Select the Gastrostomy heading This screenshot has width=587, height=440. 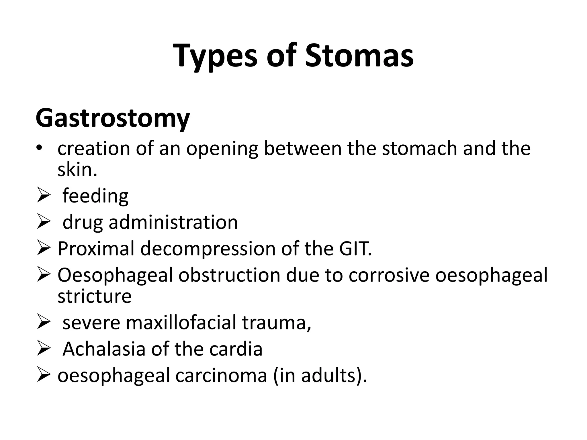click(x=113, y=118)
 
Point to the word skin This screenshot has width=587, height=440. click(x=77, y=170)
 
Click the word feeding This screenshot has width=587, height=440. click(x=95, y=196)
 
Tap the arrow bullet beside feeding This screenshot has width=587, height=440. click(x=44, y=197)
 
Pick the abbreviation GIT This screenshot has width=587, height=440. click(x=355, y=249)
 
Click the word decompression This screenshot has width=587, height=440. click(x=208, y=249)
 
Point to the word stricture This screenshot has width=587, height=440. click(x=95, y=296)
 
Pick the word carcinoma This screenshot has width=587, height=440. click(x=221, y=375)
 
